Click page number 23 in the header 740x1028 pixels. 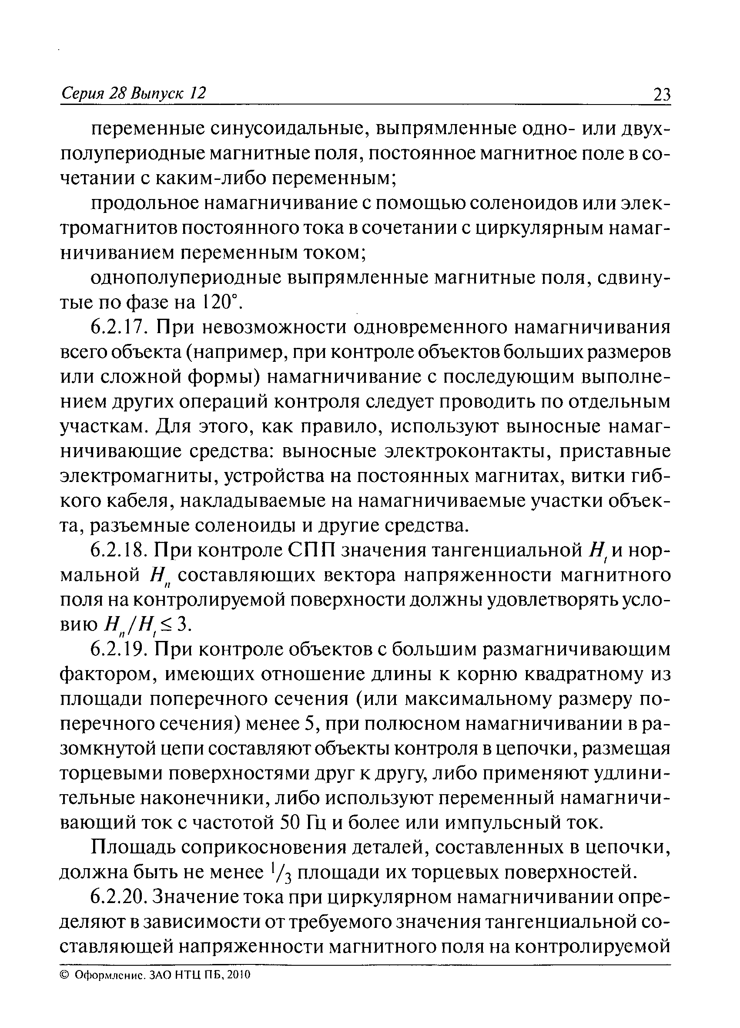(661, 95)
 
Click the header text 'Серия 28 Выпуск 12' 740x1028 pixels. (133, 93)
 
